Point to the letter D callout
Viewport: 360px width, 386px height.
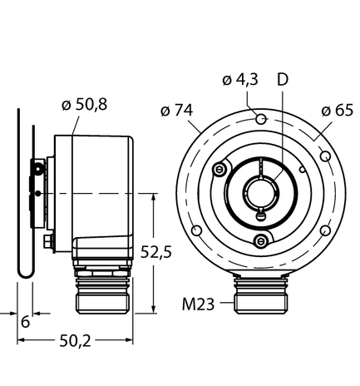283,80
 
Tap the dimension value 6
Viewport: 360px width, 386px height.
26,321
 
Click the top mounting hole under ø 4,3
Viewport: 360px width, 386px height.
261,121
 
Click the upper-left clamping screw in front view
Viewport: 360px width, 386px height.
219,171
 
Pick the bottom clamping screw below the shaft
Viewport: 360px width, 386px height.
261,240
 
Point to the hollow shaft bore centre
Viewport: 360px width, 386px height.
261,194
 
